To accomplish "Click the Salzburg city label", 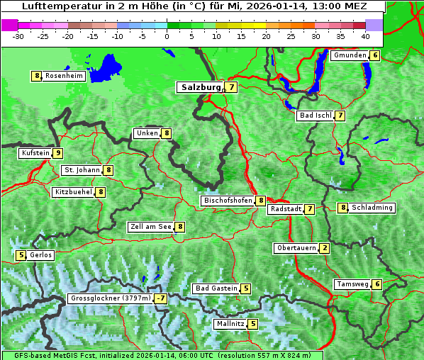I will click(201, 87).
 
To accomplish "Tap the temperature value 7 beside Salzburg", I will click(232, 87).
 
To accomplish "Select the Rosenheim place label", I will click(64, 76).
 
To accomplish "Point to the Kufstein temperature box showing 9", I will click(57, 153).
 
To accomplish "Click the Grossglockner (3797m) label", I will click(111, 299).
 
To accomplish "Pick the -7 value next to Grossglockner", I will click(161, 299).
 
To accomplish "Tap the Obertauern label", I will click(296, 248).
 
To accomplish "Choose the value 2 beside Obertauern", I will click(324, 248).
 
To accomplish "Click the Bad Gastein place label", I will click(216, 288).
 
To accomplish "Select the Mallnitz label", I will click(230, 324).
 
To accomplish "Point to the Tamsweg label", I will click(352, 284).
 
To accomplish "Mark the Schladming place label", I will click(372, 208).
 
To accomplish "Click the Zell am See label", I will click(151, 227).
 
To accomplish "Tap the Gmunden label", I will click(350, 55).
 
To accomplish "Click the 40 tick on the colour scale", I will click(365, 36).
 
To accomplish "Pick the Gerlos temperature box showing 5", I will click(21, 255).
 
